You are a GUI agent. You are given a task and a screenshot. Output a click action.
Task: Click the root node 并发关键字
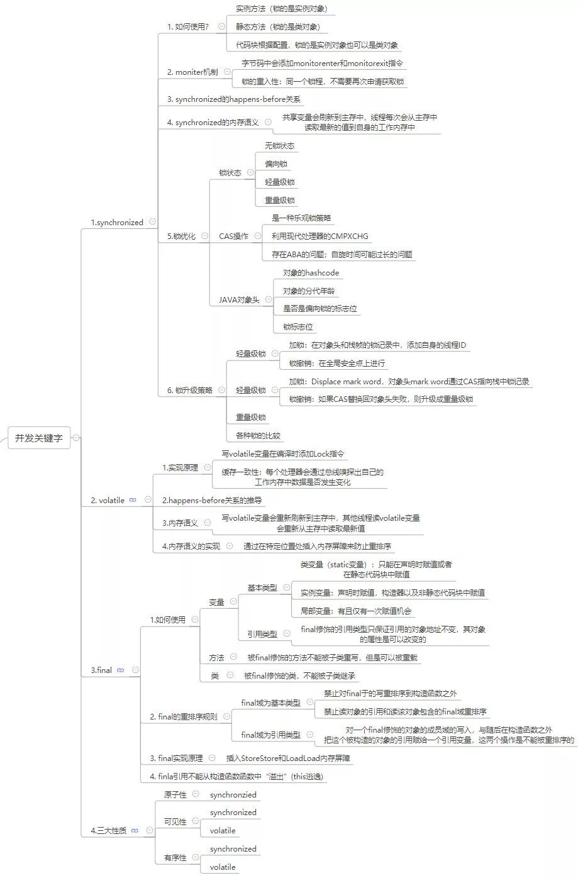[38, 438]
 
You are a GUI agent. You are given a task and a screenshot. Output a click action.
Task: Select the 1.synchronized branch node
[117, 223]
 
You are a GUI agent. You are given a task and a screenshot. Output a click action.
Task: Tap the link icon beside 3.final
[121, 670]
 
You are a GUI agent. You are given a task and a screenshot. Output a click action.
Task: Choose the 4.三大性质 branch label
[109, 831]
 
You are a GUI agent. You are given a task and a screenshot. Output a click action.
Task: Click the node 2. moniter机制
[192, 72]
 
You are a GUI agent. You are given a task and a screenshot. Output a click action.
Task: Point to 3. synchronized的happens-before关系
[233, 99]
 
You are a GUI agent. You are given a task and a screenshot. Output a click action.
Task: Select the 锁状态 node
[230, 173]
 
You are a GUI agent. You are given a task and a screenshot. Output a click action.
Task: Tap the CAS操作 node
[233, 236]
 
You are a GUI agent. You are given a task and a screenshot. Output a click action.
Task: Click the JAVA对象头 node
[239, 300]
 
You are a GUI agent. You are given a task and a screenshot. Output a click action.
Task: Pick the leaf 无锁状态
[279, 146]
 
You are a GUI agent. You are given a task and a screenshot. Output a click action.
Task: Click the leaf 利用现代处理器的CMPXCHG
[319, 236]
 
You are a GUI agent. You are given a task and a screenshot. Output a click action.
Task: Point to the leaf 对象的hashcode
[311, 273]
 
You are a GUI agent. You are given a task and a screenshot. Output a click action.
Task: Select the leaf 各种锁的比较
[258, 436]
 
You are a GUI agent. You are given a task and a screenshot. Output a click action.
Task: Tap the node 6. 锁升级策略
[189, 391]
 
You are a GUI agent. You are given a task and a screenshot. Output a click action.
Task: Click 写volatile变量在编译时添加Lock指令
[282, 454]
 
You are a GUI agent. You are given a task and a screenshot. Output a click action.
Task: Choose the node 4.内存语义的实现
[191, 547]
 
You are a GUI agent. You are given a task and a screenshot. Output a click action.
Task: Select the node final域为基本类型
[270, 703]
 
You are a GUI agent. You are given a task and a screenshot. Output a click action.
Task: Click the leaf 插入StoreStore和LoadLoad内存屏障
[288, 759]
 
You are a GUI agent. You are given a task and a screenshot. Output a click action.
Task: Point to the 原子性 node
[175, 795]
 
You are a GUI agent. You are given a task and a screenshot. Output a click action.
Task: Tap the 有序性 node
[175, 858]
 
